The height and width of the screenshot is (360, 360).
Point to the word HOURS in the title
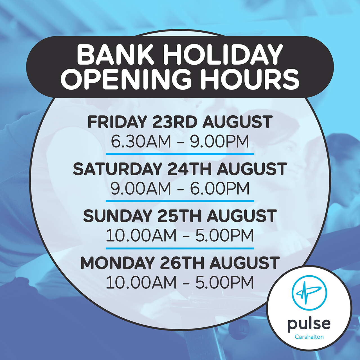(x=250, y=79)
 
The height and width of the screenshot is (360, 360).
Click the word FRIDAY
(x=117, y=122)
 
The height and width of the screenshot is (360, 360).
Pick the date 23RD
(x=175, y=122)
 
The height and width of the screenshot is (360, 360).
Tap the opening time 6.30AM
(x=141, y=141)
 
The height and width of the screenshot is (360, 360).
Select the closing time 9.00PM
(x=220, y=141)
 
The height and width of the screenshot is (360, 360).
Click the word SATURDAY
(x=117, y=169)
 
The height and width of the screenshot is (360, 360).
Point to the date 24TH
(x=190, y=169)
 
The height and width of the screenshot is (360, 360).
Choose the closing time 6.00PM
(x=220, y=188)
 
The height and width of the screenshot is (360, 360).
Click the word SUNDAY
(x=117, y=216)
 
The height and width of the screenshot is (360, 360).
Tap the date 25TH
(x=179, y=216)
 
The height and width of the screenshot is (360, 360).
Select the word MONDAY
(x=117, y=263)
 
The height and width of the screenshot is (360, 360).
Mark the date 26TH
(x=182, y=263)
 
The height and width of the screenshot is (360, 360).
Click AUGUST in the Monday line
(x=244, y=263)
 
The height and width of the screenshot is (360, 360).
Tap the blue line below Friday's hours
(x=180, y=154)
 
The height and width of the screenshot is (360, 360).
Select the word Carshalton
(x=309, y=337)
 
